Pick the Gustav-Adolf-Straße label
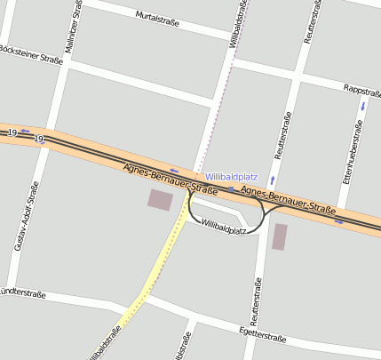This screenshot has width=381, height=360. pos(27,215)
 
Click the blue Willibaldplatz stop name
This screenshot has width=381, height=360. pos(230,177)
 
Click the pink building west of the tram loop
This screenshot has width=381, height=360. pos(161,200)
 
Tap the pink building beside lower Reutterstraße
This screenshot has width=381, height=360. pos(280,236)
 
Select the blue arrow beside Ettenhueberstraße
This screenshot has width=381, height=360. pos(362,106)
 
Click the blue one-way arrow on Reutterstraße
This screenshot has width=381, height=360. pos(272,180)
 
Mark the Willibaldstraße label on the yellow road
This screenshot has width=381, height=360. pos(107,341)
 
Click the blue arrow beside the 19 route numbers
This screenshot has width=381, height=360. pos(24,132)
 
